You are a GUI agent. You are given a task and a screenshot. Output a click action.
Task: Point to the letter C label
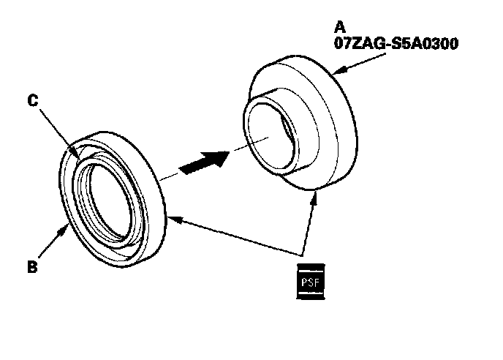[x=33, y=102]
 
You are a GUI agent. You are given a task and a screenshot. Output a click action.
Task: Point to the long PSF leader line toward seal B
[x=234, y=232]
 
